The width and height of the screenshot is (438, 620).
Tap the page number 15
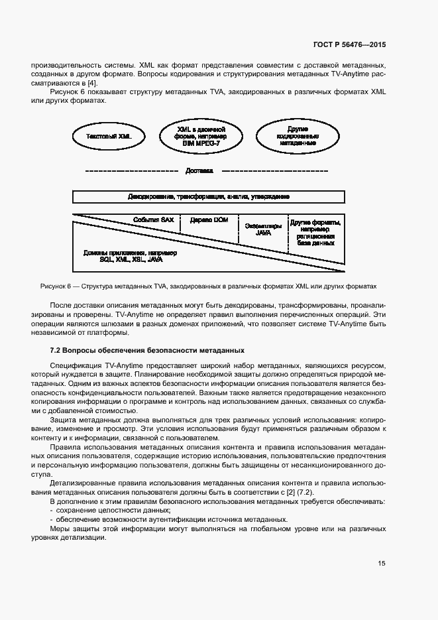(x=382, y=564)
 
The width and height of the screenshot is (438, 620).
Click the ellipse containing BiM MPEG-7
(x=201, y=135)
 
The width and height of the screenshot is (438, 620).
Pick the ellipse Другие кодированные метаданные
(x=298, y=135)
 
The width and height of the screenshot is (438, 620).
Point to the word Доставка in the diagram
(x=199, y=170)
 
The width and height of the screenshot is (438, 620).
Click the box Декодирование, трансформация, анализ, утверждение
(x=208, y=197)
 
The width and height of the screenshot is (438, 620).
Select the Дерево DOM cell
(x=209, y=220)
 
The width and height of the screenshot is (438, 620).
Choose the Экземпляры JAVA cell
(x=263, y=229)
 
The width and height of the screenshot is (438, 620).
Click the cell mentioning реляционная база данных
(x=315, y=233)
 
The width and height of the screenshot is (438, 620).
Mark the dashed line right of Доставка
(x=274, y=171)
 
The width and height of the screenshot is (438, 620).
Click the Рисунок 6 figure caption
(x=208, y=286)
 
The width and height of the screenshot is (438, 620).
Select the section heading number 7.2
(x=56, y=350)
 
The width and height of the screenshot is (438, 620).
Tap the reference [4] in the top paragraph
(x=92, y=83)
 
